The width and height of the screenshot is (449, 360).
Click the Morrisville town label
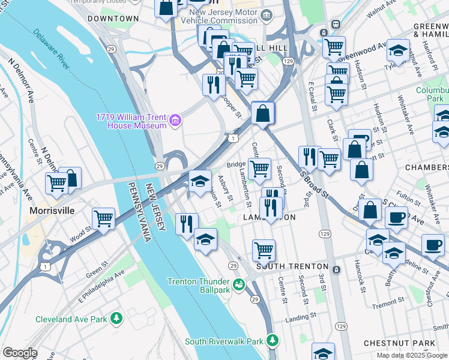click(x=53, y=211)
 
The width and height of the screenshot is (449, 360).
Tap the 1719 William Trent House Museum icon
click(x=175, y=121)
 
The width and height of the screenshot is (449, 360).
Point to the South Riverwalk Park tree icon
click(x=273, y=341)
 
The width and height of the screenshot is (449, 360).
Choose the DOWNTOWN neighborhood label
click(x=113, y=19)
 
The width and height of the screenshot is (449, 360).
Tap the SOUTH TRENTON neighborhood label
click(x=292, y=266)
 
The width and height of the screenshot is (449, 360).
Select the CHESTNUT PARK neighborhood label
click(x=408, y=343)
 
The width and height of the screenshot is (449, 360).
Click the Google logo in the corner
click(x=19, y=353)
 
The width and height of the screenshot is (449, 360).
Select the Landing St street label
click(x=300, y=316)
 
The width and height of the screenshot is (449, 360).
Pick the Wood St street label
click(x=80, y=233)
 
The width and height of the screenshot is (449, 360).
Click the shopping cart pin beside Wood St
click(x=104, y=219)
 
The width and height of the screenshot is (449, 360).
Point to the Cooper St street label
click(x=231, y=105)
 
